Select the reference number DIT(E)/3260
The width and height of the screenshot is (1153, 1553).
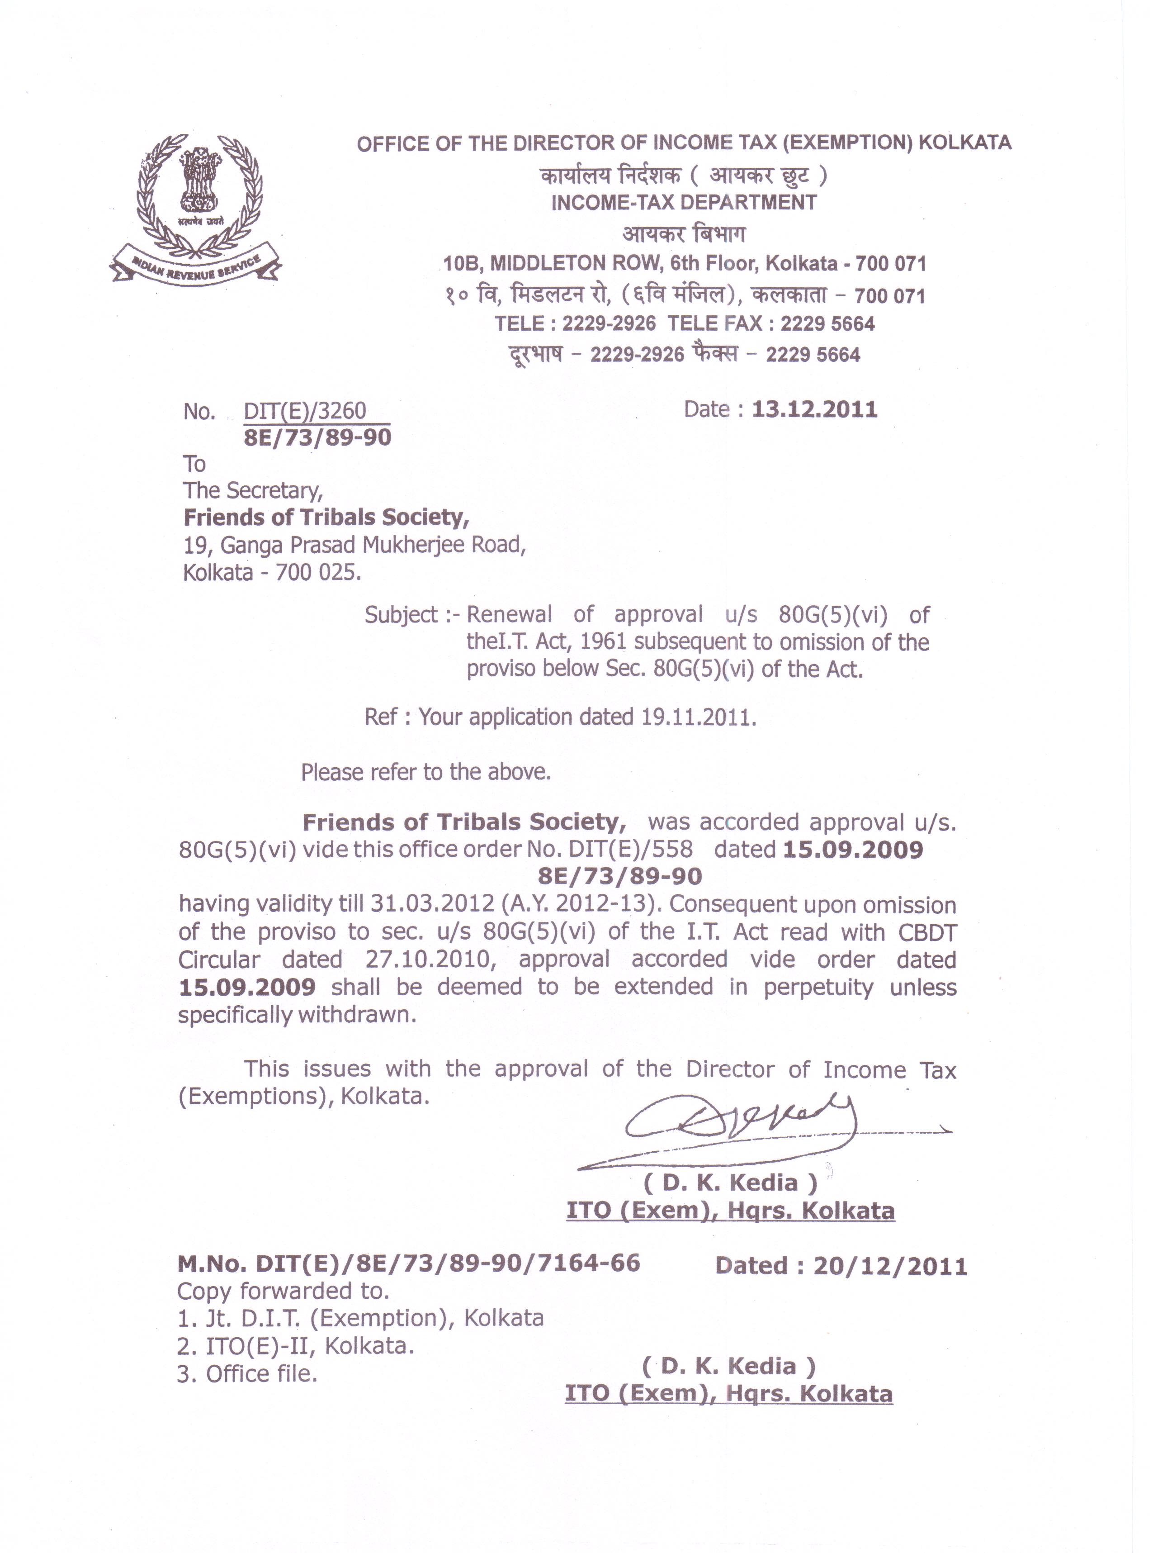tap(305, 411)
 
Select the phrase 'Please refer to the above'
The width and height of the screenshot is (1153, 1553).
tap(426, 772)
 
